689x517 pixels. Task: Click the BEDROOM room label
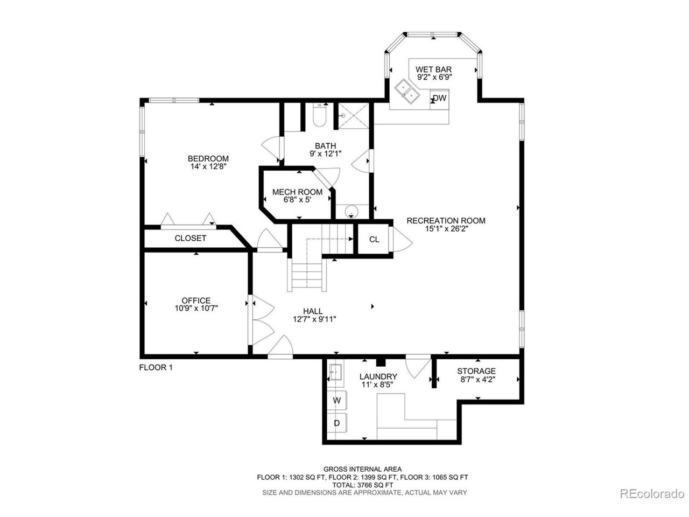click(208, 158)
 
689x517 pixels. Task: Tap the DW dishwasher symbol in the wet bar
click(440, 98)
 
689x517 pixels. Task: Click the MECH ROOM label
click(297, 192)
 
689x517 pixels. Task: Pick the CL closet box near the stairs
click(374, 239)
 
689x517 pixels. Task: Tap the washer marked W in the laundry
click(337, 401)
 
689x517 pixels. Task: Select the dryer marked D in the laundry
click(337, 423)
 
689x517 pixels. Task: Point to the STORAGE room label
click(476, 371)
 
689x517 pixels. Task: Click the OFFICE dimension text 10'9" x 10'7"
click(196, 308)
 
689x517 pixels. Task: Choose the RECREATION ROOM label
click(446, 220)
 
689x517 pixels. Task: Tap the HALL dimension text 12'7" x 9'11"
click(312, 319)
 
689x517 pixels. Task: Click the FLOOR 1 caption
click(156, 368)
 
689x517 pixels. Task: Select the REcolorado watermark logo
click(651, 493)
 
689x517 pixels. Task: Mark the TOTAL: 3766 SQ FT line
click(362, 485)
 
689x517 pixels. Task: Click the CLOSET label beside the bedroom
click(191, 238)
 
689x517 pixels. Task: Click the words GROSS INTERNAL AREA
click(362, 469)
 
